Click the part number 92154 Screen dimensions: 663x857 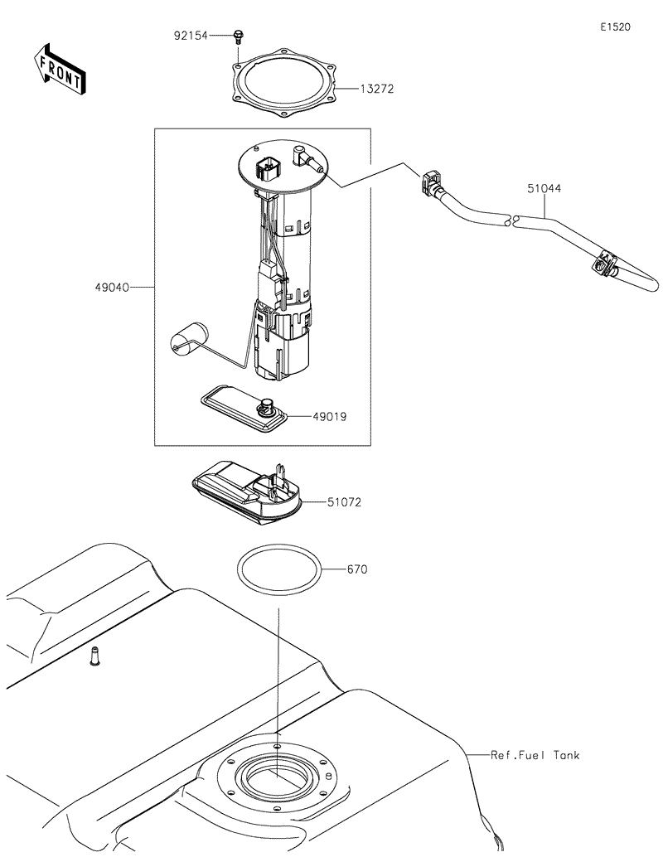(191, 36)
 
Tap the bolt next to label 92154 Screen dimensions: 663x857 (239, 36)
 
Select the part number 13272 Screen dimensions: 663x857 (376, 89)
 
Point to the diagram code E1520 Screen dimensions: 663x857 (616, 27)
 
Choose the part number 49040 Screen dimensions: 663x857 (112, 288)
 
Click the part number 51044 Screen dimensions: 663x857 (544, 189)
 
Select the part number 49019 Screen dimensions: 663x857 (330, 417)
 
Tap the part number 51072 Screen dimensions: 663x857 (344, 502)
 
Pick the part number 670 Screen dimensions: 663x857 (357, 569)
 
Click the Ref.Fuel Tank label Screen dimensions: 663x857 (535, 755)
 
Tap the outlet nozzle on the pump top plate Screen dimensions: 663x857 (309, 157)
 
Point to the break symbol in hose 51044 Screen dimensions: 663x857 (512, 220)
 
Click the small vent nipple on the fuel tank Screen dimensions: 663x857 (94, 656)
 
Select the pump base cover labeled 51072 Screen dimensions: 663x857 (247, 491)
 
